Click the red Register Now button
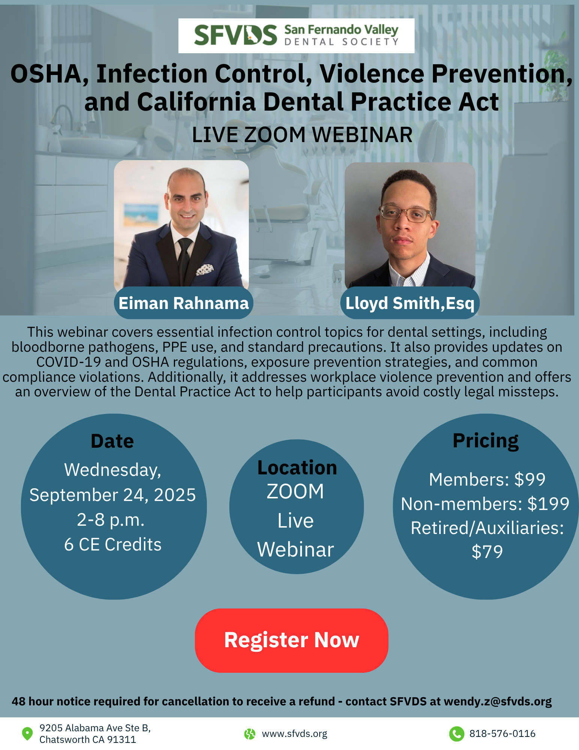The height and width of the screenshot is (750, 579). [292, 640]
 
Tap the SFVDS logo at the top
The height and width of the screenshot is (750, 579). [296, 36]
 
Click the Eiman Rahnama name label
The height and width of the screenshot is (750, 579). [184, 303]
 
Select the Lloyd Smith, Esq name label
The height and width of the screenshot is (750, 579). [410, 303]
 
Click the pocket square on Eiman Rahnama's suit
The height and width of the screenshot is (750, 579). [205, 269]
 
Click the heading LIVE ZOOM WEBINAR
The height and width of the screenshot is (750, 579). [302, 135]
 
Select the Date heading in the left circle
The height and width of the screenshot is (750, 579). [112, 441]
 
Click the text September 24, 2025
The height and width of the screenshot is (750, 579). [112, 495]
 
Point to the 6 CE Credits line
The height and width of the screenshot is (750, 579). [112, 544]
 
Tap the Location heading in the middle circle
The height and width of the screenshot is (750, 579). [297, 468]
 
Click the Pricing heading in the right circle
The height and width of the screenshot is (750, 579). [486, 441]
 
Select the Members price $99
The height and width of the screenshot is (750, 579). [530, 479]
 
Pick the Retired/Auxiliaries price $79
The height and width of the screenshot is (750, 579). [487, 552]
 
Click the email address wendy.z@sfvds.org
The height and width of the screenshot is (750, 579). [498, 701]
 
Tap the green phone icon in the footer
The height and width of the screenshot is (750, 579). [457, 734]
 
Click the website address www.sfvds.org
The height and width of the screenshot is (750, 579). [295, 734]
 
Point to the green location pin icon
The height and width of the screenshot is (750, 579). [27, 733]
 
